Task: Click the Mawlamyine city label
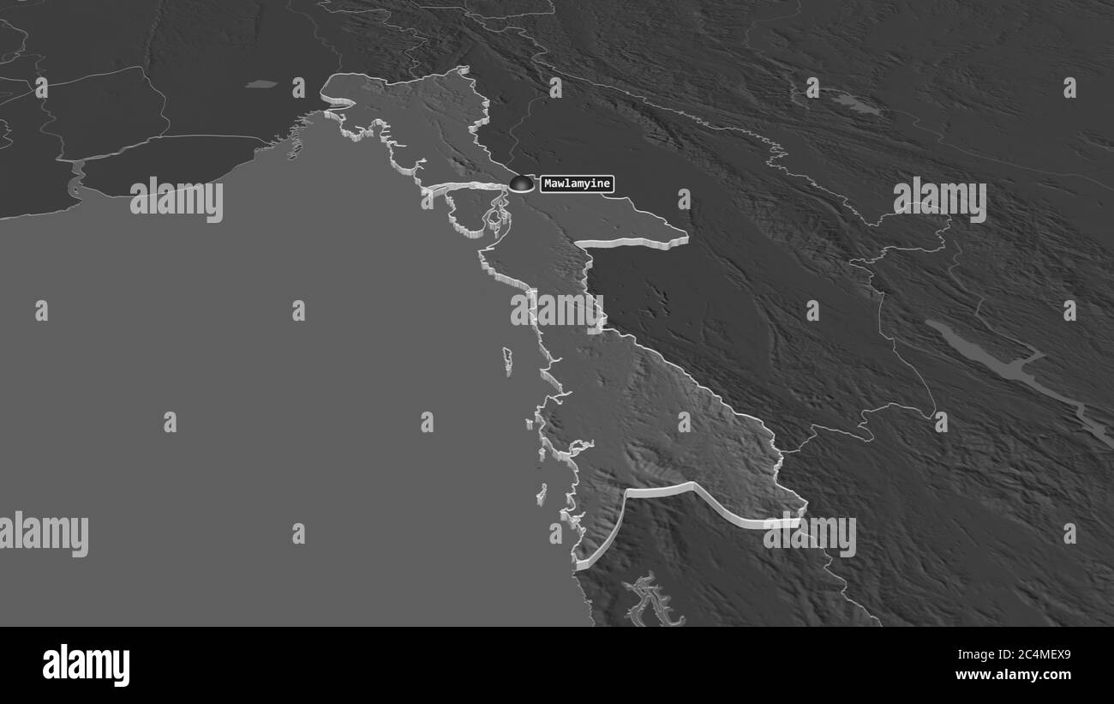(x=577, y=184)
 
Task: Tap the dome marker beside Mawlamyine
(x=520, y=183)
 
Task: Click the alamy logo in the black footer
(x=86, y=665)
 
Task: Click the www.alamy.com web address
(x=1017, y=675)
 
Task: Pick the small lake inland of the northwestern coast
(x=261, y=84)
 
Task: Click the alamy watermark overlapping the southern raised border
(x=809, y=535)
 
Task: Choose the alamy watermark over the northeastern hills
(x=939, y=199)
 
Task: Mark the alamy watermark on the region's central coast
(x=557, y=310)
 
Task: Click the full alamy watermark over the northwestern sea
(x=177, y=199)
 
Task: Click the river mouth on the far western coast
(x=75, y=180)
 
